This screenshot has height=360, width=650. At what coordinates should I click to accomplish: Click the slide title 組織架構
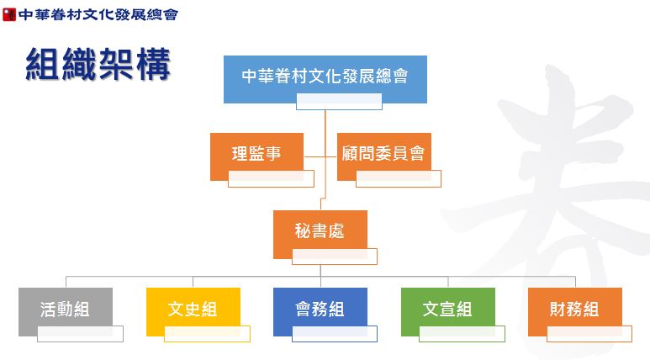pyautogui.click(x=98, y=64)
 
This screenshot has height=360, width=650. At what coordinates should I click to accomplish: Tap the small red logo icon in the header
pyautogui.click(x=9, y=14)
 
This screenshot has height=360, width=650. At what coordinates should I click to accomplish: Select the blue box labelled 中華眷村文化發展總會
pyautogui.click(x=325, y=79)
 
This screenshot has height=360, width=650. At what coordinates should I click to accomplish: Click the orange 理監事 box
pyautogui.click(x=256, y=156)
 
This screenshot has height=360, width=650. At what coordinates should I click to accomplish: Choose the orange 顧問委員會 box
pyautogui.click(x=384, y=156)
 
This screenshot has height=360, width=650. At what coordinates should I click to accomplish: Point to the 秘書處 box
pyautogui.click(x=320, y=234)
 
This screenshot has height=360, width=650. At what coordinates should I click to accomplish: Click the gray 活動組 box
pyautogui.click(x=66, y=311)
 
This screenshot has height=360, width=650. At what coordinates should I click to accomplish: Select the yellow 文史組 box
pyautogui.click(x=193, y=311)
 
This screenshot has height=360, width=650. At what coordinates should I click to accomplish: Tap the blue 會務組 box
pyautogui.click(x=320, y=311)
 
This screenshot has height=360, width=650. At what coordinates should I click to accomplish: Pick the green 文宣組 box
pyautogui.click(x=447, y=311)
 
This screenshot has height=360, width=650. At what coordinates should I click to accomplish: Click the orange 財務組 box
pyautogui.click(x=575, y=311)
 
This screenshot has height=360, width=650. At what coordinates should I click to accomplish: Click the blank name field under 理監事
pyautogui.click(x=271, y=179)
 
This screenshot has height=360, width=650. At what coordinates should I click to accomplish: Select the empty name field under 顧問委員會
pyautogui.click(x=399, y=179)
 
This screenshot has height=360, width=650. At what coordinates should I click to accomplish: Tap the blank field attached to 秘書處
pyautogui.click(x=335, y=257)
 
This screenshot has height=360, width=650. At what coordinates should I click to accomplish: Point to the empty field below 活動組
pyautogui.click(x=80, y=334)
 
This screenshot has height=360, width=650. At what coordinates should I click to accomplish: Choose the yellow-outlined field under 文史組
pyautogui.click(x=207, y=334)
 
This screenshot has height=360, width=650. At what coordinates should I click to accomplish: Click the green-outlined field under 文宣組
pyautogui.click(x=462, y=334)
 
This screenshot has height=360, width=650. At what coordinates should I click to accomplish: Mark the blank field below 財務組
pyautogui.click(x=589, y=334)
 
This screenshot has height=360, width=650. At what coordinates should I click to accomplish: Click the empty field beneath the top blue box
pyautogui.click(x=339, y=102)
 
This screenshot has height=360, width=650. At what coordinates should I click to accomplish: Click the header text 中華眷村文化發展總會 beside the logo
pyautogui.click(x=98, y=14)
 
